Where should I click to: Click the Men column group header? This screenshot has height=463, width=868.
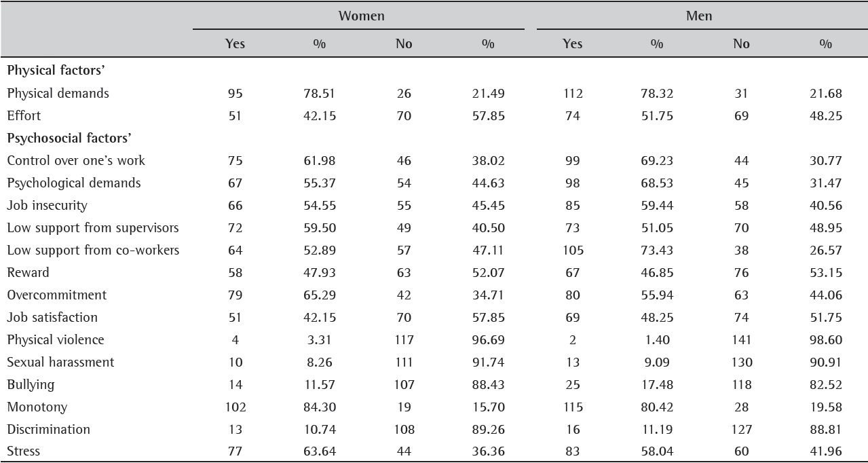tap(698, 16)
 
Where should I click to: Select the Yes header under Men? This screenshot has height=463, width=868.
tap(572, 43)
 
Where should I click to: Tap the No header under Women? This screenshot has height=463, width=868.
tap(404, 43)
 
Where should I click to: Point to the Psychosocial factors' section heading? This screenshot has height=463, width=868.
tap(69, 138)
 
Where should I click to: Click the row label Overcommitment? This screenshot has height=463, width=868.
tap(57, 295)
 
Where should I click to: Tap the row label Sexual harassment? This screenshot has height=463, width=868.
tap(60, 362)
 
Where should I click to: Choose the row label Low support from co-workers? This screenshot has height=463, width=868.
tap(93, 250)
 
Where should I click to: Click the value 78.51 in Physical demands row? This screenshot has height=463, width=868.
tap(319, 93)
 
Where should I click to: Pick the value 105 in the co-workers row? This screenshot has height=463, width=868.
tap(573, 250)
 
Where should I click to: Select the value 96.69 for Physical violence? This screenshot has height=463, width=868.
tap(488, 339)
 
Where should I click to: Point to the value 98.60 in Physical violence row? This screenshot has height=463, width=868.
tap(825, 339)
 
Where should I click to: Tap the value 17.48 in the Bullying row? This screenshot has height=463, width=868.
tap(656, 384)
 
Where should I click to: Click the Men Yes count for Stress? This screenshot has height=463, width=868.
tap(573, 451)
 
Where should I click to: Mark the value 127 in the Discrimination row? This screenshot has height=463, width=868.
tap(741, 429)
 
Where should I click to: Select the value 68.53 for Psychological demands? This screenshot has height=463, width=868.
tap(656, 183)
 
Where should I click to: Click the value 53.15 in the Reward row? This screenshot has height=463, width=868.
tap(825, 272)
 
